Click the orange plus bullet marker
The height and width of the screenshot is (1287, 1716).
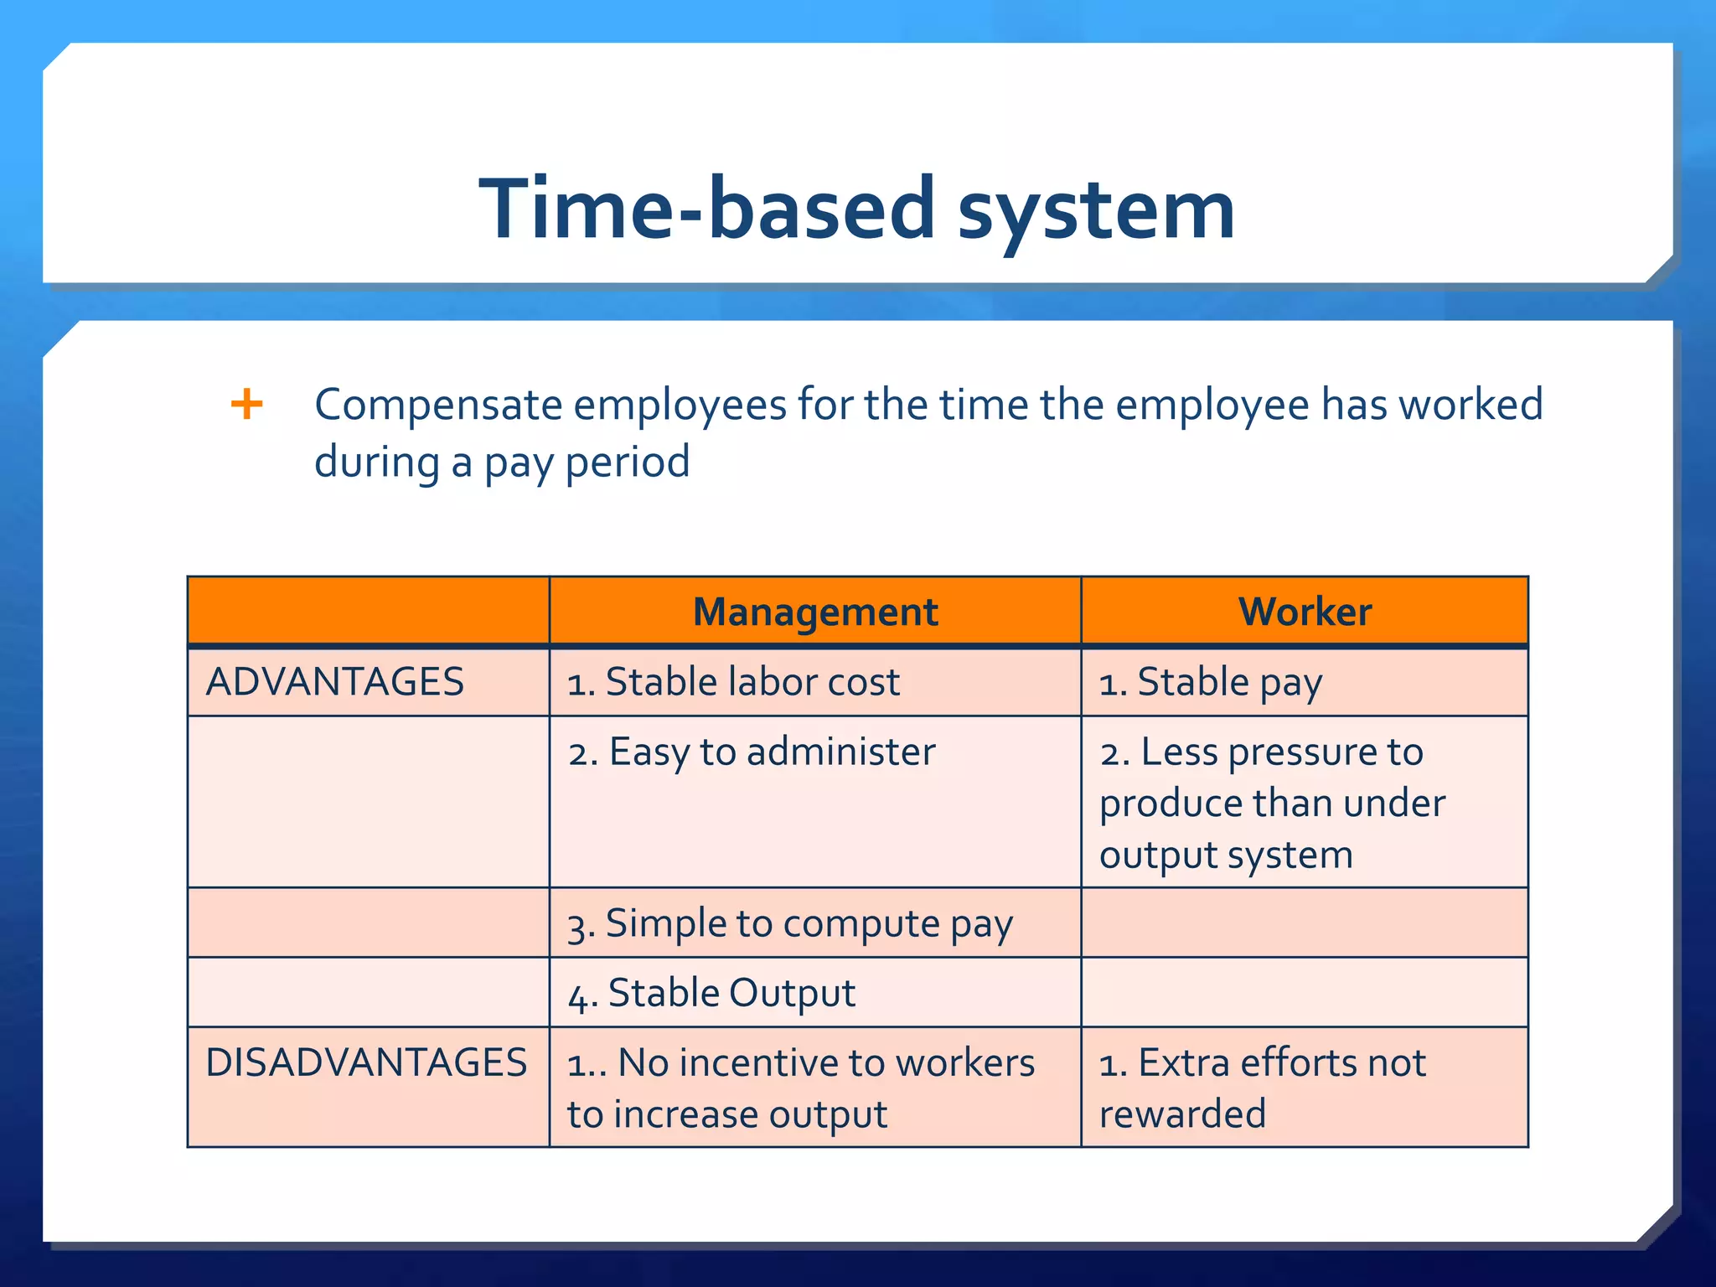(x=246, y=404)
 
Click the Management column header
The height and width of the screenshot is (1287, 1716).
(x=814, y=612)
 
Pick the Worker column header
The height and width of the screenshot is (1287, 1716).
(x=1304, y=612)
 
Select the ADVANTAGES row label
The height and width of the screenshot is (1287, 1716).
(x=334, y=682)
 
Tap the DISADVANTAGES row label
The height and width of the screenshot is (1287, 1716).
(x=366, y=1062)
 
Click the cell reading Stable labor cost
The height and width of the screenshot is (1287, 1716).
(x=733, y=682)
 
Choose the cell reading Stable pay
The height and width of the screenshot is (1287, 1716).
(x=1210, y=682)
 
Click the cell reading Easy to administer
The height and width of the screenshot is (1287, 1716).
(x=752, y=752)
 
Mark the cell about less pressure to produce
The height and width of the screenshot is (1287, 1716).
(x=1271, y=803)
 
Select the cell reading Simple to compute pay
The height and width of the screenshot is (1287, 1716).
(x=790, y=923)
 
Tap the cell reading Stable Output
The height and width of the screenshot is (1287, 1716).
(x=712, y=994)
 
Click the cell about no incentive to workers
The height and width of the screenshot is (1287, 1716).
(x=800, y=1088)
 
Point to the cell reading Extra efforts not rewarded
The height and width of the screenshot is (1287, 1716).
(x=1261, y=1088)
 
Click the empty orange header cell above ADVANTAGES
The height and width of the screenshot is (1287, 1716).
(x=368, y=612)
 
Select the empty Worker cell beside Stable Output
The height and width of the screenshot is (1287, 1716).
(x=1304, y=993)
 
